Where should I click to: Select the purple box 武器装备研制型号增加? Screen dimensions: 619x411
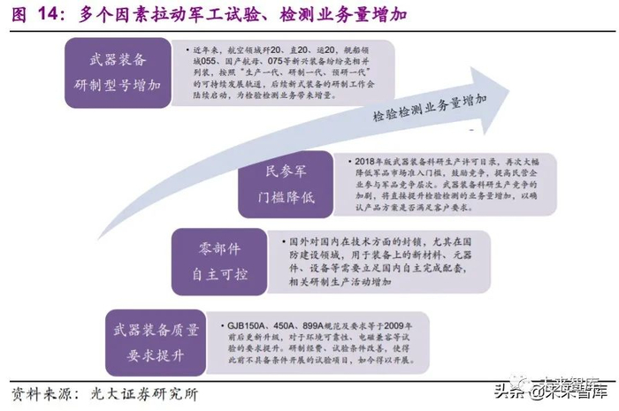click(118, 74)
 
